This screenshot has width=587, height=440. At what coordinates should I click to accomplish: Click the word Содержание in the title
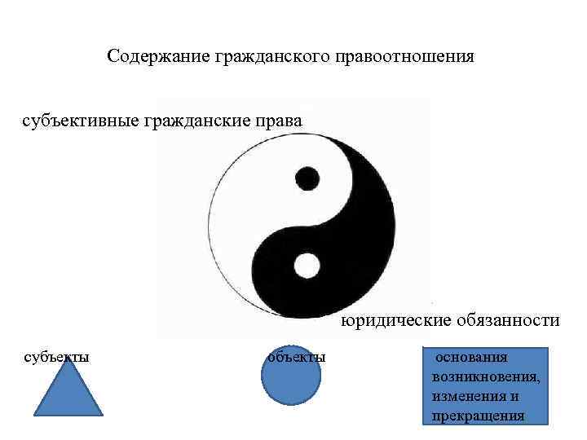click(159, 58)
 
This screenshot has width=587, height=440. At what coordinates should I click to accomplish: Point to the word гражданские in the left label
click(201, 121)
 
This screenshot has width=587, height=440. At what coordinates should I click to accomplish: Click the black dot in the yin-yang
click(307, 178)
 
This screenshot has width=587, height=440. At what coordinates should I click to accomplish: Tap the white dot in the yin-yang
click(307, 265)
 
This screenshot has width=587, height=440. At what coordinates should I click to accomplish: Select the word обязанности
click(509, 321)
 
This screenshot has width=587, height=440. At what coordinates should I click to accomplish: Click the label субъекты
click(56, 356)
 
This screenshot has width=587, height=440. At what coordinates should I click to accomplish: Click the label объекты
click(297, 357)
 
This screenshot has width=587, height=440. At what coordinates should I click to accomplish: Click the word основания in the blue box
click(472, 358)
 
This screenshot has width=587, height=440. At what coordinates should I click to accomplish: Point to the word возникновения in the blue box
click(486, 377)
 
